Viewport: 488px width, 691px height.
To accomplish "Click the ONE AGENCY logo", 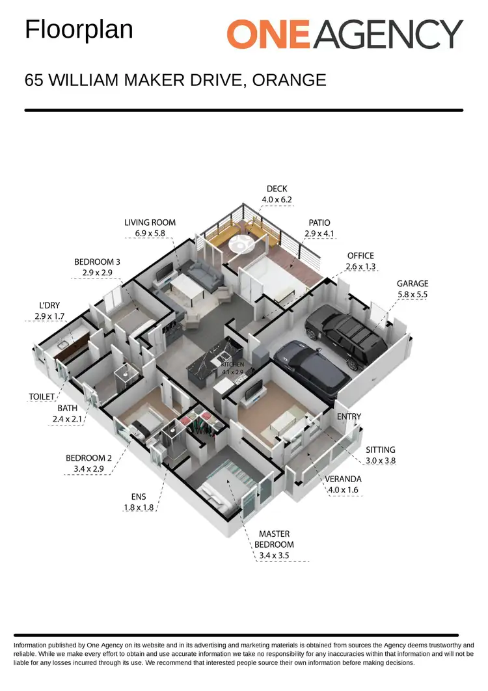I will point(344,34).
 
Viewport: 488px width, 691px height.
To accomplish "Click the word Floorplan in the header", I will point(79,30).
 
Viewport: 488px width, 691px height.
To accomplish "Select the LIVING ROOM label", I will point(150,223).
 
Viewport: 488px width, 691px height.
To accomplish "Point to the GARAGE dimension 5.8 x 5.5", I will point(413,294).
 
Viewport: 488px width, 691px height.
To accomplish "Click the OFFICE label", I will point(360,256).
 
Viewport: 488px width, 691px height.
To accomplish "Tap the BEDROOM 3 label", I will point(97,262).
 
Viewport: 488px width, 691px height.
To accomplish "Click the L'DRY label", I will point(49,306).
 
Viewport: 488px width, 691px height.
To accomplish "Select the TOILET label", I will point(41,396).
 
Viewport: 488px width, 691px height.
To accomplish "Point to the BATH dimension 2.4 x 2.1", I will point(68,420).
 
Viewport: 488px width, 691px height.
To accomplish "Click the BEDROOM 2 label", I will point(89,458).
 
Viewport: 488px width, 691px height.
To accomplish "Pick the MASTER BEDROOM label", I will point(274,539).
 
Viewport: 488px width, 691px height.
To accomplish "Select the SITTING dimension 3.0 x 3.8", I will point(381,460).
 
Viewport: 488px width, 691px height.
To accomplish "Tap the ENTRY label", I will point(349,416).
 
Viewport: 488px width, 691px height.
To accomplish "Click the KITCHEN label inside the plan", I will point(233,365).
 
